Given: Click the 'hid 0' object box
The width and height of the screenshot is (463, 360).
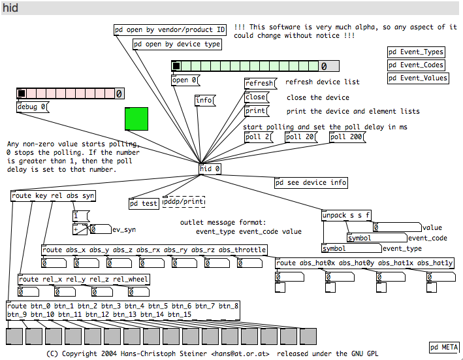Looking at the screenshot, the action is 210,169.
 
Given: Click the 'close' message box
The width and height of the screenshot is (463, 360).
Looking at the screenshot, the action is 256,97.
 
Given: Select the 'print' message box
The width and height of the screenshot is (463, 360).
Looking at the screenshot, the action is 256,111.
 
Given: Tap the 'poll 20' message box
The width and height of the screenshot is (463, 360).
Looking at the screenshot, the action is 300,137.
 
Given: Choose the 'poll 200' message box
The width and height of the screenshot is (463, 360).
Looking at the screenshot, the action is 347,137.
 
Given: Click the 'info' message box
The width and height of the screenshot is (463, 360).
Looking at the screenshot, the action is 205,101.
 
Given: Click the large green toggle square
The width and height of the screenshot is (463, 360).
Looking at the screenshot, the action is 136,119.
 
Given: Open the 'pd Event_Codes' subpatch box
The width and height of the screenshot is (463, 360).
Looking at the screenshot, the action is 416,65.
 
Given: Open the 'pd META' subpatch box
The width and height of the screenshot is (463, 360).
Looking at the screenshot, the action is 444,348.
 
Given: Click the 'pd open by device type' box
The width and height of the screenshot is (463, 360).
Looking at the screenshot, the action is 177,44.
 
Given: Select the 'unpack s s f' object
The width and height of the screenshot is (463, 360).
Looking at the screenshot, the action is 346,216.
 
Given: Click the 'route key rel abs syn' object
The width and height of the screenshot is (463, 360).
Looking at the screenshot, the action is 53,196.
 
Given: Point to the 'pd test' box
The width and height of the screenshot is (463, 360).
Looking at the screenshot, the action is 144,203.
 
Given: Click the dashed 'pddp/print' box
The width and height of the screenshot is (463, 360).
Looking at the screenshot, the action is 184,202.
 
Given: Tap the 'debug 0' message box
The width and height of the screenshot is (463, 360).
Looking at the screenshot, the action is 33,107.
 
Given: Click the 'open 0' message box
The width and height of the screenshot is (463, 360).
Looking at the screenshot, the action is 185,80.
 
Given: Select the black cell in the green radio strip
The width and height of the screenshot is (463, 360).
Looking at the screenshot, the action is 176,66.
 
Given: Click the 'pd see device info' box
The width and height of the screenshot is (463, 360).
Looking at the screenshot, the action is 311,183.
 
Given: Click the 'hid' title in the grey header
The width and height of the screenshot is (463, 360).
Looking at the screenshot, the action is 10,8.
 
